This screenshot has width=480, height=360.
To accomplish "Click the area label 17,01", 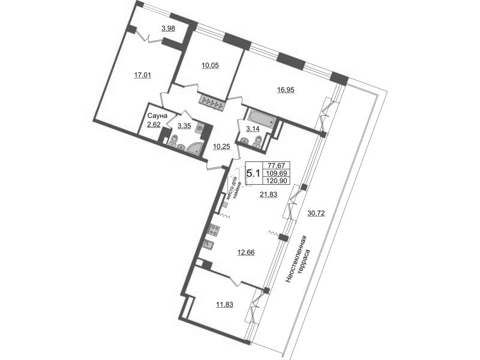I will [x=142, y=76].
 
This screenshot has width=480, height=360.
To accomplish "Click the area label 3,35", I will [x=184, y=125].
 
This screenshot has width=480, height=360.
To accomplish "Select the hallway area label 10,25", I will [x=222, y=146].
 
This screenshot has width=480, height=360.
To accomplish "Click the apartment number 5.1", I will [x=253, y=173].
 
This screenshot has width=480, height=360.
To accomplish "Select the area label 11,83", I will [x=225, y=305].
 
